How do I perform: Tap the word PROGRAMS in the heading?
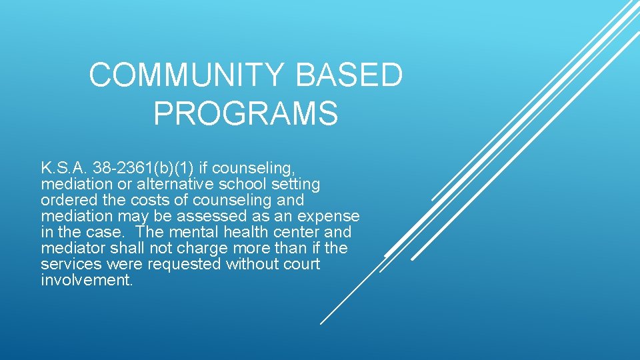[245, 113]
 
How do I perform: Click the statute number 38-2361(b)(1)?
[143, 167]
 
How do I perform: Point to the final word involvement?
[86, 280]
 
